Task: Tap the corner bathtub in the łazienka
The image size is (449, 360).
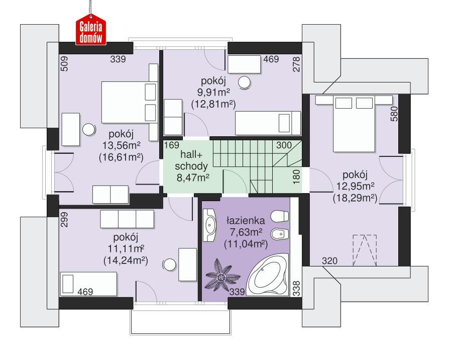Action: coord(268,276)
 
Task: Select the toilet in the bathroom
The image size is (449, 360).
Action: coord(279,216)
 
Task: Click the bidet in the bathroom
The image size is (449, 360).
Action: coord(279,234)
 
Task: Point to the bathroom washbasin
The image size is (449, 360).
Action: coord(209,225)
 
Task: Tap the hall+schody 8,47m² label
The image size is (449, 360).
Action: coord(192,166)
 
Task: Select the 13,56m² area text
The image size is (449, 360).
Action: coord(121,145)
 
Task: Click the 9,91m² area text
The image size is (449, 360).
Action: coord(213,93)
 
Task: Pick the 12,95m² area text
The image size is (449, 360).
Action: coord(355,186)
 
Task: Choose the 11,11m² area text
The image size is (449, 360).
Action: coord(126,248)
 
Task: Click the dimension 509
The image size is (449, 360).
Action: coord(64,63)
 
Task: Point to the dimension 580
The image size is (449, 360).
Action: coord(394,114)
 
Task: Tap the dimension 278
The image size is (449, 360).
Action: coord(296,64)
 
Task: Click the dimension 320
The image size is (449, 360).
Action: coord(329,261)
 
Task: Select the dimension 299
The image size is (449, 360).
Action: coord(64,220)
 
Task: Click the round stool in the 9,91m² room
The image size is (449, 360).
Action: coord(245,83)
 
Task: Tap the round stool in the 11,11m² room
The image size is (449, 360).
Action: coord(169,265)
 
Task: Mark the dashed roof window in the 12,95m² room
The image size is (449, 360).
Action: coord(365,250)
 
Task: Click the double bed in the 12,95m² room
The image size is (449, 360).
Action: coord(354,124)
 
